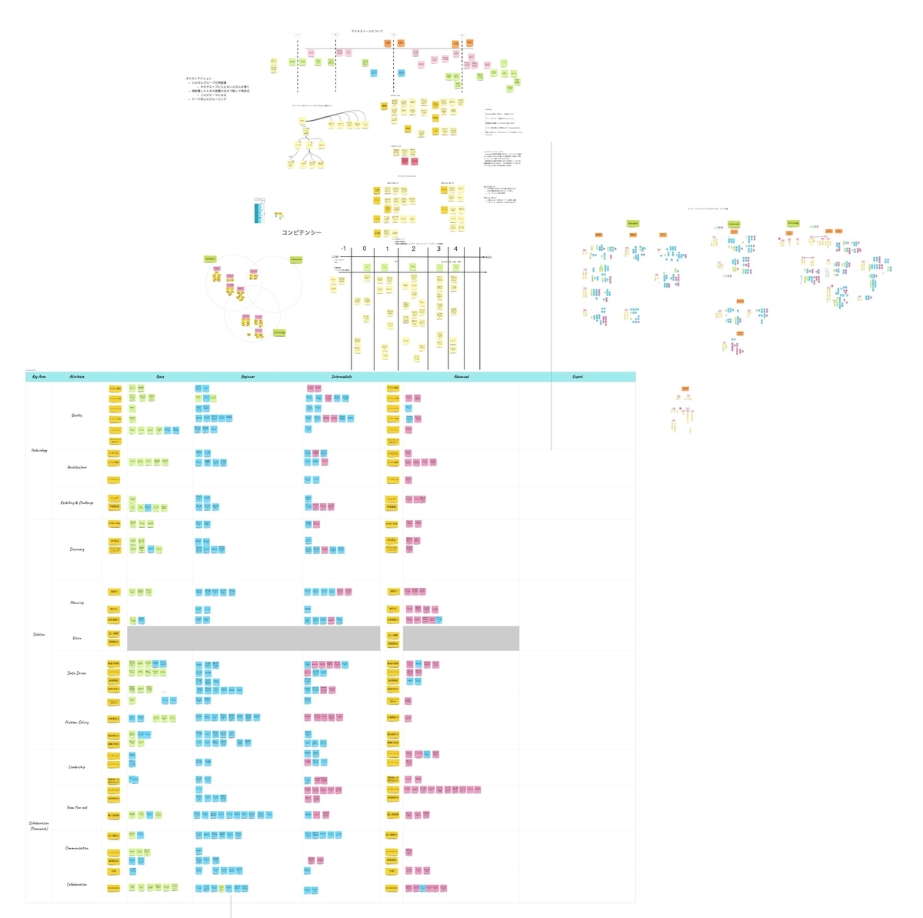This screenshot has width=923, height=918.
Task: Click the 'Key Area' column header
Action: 38,377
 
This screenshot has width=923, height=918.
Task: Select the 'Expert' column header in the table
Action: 578,377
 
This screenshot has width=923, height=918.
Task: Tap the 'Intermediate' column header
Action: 342,377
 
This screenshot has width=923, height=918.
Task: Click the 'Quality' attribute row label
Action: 77,416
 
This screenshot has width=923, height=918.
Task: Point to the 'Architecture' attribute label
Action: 77,467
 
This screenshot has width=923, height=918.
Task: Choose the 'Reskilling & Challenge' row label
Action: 77,502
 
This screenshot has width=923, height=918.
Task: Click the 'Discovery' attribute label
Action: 77,549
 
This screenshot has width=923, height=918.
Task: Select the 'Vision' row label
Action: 77,638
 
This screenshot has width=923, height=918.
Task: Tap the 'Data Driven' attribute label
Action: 77,673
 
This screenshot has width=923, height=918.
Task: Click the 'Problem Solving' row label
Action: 77,723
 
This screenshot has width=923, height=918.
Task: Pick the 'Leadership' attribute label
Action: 77,767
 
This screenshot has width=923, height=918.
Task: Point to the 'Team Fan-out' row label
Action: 77,808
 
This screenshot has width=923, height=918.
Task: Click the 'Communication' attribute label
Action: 77,848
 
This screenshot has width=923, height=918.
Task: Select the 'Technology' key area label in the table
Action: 39,450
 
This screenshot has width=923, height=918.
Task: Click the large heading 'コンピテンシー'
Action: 302,232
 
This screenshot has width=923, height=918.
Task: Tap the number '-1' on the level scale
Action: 343,249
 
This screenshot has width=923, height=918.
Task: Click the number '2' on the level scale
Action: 414,249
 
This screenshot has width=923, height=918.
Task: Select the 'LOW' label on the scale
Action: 335,257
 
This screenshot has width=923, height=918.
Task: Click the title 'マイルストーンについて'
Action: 367,32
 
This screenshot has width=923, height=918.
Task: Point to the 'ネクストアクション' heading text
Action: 198,78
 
